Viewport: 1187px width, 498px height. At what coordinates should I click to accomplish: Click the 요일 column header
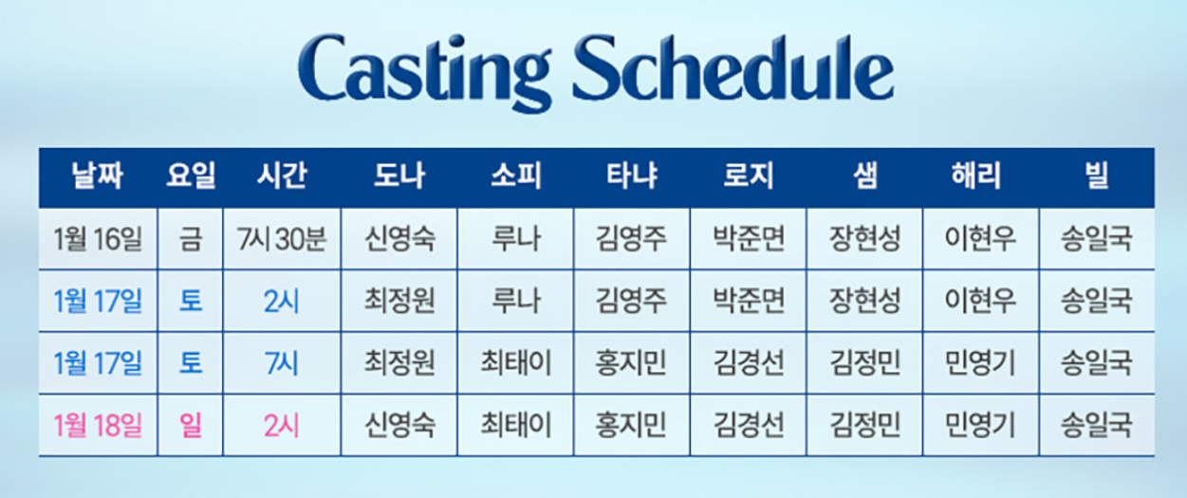[191, 176]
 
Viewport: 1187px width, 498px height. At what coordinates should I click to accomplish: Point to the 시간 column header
[282, 176]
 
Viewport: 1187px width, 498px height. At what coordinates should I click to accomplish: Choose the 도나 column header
[399, 176]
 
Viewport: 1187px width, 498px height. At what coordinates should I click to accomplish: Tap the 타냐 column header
[632, 176]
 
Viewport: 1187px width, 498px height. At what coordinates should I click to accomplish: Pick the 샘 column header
[864, 176]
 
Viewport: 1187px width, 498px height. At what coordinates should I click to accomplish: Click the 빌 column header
[1097, 176]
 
